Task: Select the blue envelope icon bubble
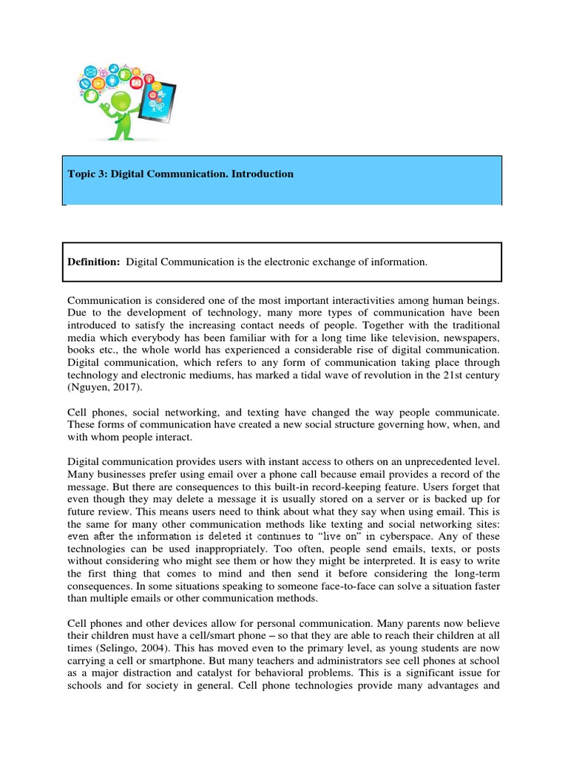(x=92, y=72)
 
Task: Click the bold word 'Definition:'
(x=94, y=263)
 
